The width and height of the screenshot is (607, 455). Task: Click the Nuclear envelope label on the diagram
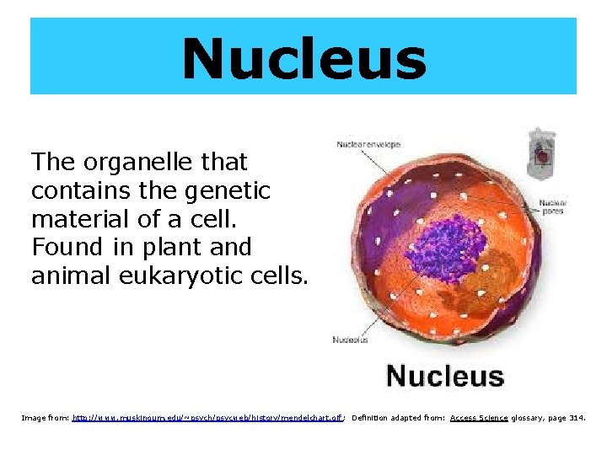[368, 144]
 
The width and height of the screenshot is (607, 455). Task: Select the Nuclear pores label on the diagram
[552, 206]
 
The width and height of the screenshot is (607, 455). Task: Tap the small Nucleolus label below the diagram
[351, 340]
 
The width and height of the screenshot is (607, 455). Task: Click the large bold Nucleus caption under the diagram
[444, 376]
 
